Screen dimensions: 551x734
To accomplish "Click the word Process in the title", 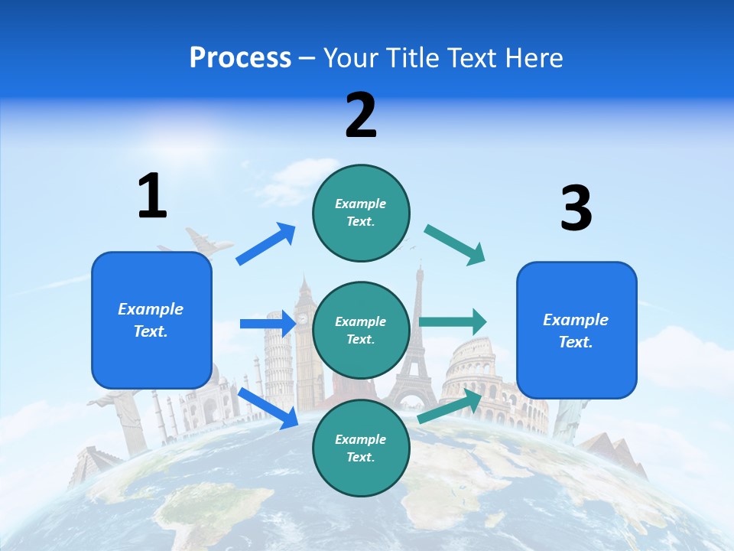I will [x=240, y=58].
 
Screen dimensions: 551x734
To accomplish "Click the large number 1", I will [x=152, y=196].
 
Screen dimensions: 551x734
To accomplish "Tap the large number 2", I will [x=361, y=116].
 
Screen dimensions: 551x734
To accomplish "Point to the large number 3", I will [x=576, y=208].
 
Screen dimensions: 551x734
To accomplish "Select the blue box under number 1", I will [x=151, y=320].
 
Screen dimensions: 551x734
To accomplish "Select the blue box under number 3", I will [x=576, y=331].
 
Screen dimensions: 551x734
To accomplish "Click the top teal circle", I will [x=361, y=213].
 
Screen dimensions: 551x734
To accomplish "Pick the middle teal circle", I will [x=361, y=331].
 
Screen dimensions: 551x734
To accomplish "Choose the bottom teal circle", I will [x=361, y=448].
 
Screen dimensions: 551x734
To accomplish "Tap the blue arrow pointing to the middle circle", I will [x=268, y=324].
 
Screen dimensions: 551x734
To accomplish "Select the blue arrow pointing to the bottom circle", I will [x=268, y=408].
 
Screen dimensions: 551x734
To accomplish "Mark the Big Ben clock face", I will [x=303, y=318].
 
